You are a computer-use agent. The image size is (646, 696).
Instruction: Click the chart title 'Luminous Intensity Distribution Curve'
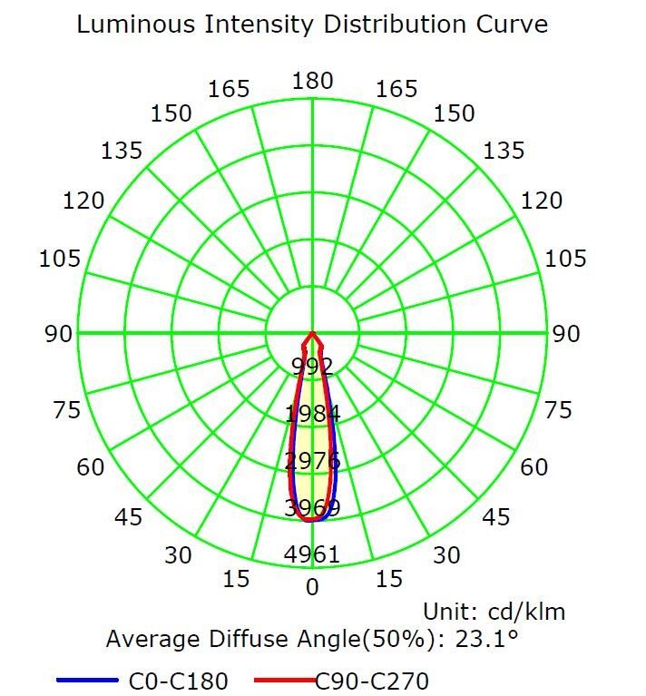coord(312,24)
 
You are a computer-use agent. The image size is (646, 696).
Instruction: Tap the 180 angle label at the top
coord(312,81)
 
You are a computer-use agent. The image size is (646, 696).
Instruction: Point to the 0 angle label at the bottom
coord(313,587)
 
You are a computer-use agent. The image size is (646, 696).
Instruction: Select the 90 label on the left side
coord(59,334)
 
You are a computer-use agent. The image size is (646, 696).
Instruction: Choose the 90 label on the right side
coord(566,334)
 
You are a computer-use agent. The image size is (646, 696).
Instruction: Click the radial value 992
coord(313,367)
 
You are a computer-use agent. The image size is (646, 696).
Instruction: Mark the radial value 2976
coord(313,460)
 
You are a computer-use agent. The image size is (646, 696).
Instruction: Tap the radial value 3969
coord(313,507)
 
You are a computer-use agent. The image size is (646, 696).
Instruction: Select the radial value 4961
coord(313,554)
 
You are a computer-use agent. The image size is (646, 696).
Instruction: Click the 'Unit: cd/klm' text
coord(494,612)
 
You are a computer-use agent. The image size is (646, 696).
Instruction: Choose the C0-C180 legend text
coord(180,681)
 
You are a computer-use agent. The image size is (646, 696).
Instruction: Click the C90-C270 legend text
coord(372,681)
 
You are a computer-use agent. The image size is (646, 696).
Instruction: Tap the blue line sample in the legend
coord(87,680)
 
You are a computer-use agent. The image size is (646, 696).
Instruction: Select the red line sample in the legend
coord(284,680)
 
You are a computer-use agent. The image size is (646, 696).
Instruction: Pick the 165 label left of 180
coord(229,89)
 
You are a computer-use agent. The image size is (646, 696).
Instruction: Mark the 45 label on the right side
coord(496,517)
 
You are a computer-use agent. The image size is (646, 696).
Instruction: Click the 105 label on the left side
coord(60,260)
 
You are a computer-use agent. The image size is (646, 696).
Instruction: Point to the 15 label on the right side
coord(389,578)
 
